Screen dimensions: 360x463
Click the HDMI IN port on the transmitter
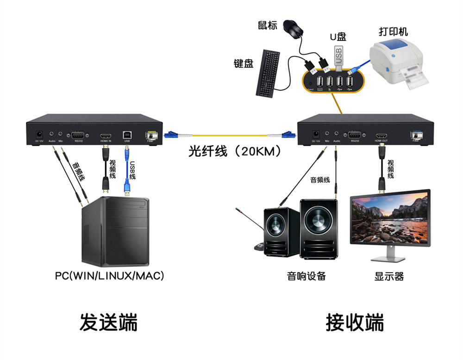coord(105,135)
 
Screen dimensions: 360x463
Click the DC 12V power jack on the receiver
coord(316,134)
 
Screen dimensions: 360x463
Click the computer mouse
coord(293,29)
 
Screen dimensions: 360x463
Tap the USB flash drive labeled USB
coord(338,55)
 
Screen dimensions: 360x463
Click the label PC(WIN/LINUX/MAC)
coord(110,276)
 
